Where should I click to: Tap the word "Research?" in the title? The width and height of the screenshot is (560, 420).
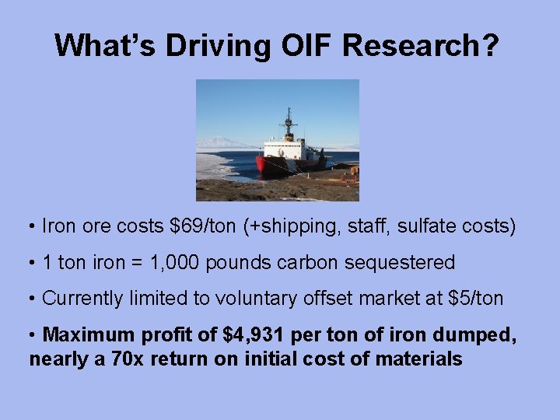pyautogui.click(x=420, y=45)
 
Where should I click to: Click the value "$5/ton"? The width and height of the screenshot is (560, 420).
pyautogui.click(x=476, y=298)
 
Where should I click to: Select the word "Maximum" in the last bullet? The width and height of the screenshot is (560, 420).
pyautogui.click(x=88, y=336)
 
